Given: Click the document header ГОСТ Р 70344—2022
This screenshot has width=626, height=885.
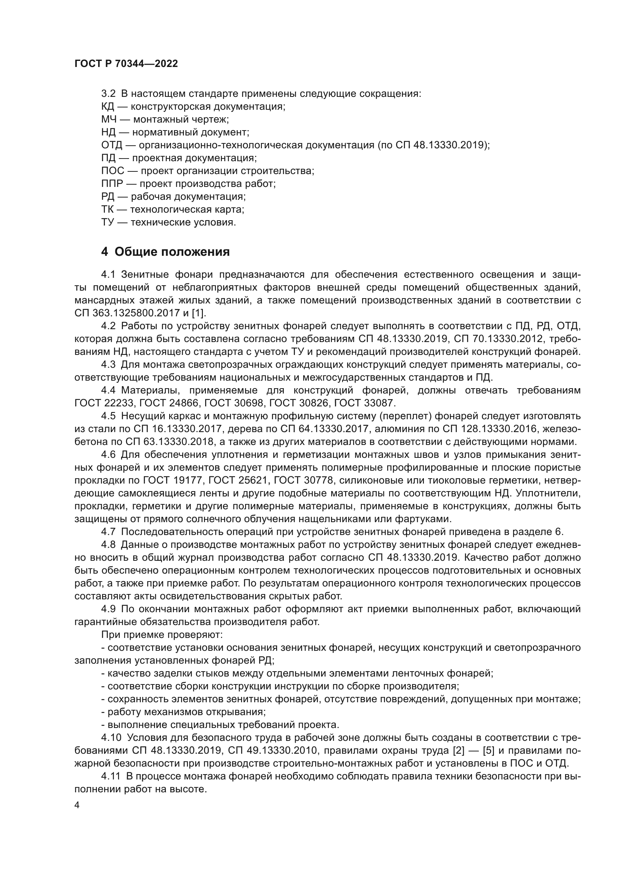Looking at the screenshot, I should pos(126,64).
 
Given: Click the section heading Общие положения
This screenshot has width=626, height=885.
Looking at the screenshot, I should pos(172,252).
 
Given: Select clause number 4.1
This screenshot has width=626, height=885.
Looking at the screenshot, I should pos(108,274).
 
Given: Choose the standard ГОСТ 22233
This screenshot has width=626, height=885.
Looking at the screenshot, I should pos(104,403).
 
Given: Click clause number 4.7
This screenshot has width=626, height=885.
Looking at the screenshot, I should pos(108,532).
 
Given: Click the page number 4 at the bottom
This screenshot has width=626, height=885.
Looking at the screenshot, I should pos(77,806).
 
